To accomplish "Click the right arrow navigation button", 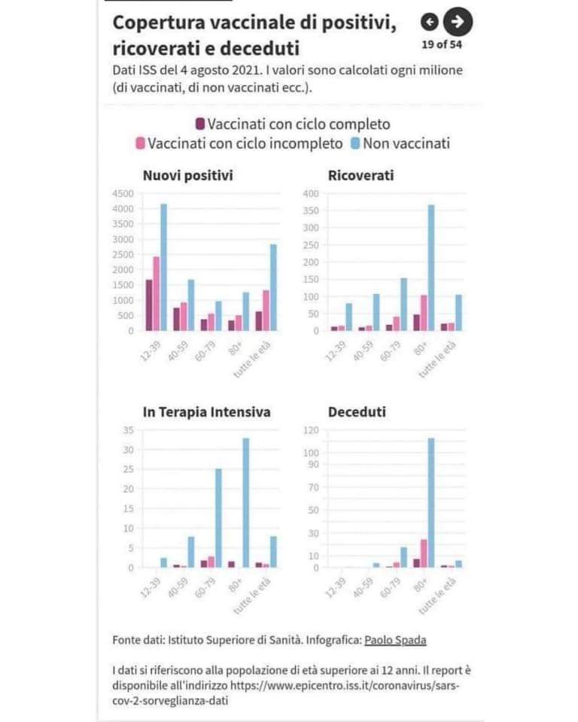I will coord(458,22).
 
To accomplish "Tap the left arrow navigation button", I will coord(429,22).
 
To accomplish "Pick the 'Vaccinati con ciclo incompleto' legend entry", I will coord(239,143).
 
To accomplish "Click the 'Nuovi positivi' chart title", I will coord(187,176).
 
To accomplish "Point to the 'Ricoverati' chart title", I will coord(360,176).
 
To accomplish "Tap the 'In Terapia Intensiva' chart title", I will coord(206,412).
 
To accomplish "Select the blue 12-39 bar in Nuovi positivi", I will coord(163,267).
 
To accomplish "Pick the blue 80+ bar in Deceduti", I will coord(431,502).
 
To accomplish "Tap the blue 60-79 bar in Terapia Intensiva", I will coord(218,518).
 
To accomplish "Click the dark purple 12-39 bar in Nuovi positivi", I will coord(149,305).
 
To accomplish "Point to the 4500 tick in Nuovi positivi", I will coord(123,193).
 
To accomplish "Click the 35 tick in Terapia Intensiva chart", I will coord(127,429).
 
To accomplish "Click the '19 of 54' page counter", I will coord(442,44).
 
